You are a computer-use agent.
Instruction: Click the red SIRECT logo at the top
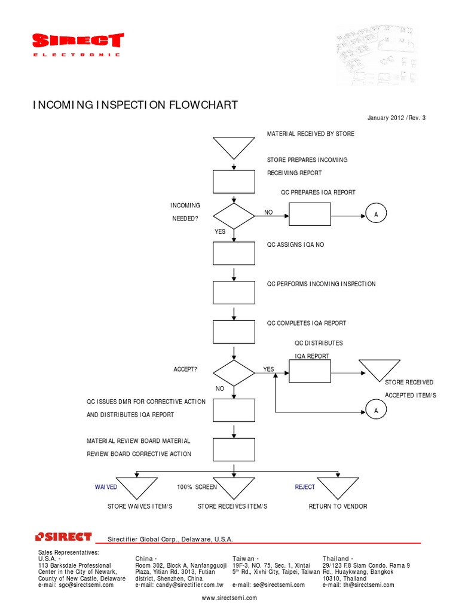(x=77, y=41)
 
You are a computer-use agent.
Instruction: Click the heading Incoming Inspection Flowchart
(x=134, y=105)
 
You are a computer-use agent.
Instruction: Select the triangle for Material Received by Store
(x=234, y=146)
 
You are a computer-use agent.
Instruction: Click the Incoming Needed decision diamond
(x=234, y=215)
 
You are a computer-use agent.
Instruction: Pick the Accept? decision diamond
(x=234, y=372)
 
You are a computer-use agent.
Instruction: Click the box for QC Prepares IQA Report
(x=310, y=214)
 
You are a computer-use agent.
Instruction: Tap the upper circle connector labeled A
(x=376, y=214)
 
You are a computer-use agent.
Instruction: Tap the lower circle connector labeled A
(x=376, y=411)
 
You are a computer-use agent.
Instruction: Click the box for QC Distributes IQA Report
(x=310, y=371)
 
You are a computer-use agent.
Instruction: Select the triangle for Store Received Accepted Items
(x=379, y=369)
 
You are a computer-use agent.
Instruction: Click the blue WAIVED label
(x=106, y=487)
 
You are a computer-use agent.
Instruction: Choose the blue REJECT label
(x=305, y=487)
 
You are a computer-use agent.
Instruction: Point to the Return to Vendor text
(x=338, y=506)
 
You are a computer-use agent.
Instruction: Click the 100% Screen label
(x=197, y=487)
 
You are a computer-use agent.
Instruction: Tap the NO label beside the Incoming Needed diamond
(x=268, y=212)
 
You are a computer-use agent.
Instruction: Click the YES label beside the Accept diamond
(x=268, y=369)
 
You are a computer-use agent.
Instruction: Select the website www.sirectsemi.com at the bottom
(x=229, y=598)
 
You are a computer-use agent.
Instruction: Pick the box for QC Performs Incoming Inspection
(x=234, y=292)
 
